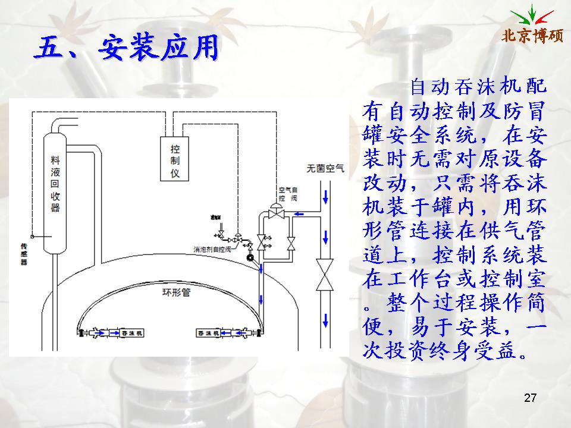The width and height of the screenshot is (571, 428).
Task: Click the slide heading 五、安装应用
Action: coord(125,48)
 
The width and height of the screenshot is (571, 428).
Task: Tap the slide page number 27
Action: coord(531,398)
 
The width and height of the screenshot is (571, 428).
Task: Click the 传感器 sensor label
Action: coord(24,253)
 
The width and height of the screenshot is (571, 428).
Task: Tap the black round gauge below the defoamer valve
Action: coord(250,258)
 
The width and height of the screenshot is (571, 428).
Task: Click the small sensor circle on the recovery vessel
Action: coord(34,236)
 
